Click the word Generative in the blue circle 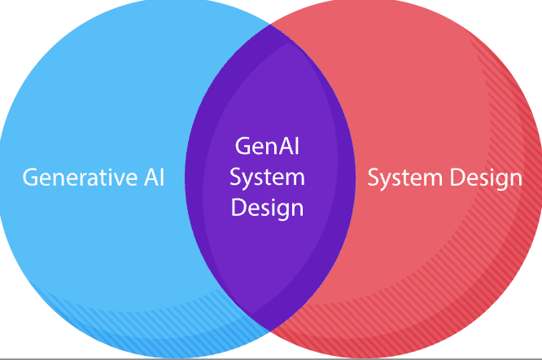77,178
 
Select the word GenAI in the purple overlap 267,147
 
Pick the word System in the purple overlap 267,177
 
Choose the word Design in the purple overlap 267,207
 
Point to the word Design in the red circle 487,178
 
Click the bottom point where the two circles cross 270,333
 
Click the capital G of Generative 29,178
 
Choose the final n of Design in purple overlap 298,208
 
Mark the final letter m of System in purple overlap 297,178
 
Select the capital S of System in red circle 374,178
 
